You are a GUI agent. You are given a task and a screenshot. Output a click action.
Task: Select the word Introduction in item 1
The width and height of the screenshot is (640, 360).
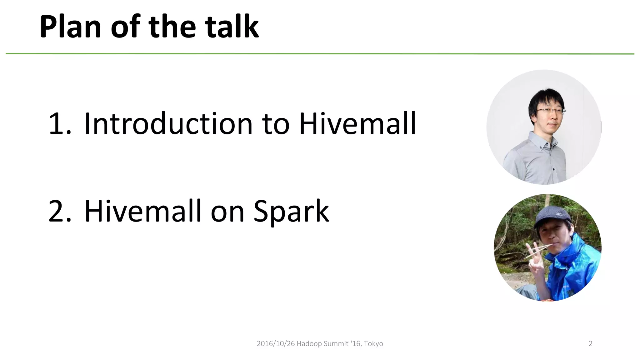tap(168, 124)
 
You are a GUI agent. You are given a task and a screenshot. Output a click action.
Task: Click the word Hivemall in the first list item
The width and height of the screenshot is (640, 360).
tap(357, 124)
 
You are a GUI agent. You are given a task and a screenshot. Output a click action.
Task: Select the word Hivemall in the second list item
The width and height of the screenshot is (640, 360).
tap(142, 211)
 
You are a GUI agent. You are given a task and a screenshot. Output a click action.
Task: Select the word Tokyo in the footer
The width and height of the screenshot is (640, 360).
tap(373, 344)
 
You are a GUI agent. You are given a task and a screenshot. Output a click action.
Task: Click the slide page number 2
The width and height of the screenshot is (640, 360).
tap(590, 344)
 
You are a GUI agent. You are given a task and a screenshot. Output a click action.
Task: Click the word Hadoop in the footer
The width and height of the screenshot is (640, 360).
tap(309, 344)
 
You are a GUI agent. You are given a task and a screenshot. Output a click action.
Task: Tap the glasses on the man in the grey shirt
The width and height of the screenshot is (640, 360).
tap(551, 110)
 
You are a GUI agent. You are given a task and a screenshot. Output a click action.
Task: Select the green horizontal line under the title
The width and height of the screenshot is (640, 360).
tap(320, 54)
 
